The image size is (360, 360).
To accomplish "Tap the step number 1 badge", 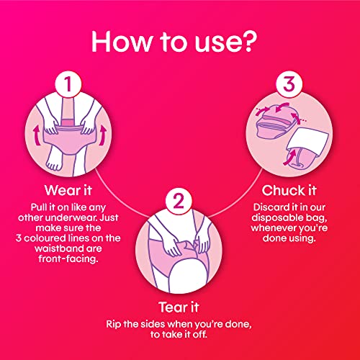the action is (x=68, y=84).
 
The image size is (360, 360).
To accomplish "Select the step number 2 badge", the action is (x=179, y=201).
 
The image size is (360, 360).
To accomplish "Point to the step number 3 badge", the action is (x=289, y=84).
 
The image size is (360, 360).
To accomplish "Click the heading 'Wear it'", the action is (x=68, y=191).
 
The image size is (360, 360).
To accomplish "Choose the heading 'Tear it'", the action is (x=179, y=307).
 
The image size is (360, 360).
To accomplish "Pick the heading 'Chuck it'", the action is (x=289, y=191).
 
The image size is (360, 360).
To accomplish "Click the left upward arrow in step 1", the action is (x=37, y=136).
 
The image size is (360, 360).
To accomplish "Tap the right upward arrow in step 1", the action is (x=103, y=135).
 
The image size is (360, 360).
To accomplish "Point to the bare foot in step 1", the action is (x=54, y=160).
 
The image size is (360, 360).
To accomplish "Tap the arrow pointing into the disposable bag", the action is (x=290, y=156).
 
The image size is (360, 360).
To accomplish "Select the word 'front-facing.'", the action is (x=68, y=259).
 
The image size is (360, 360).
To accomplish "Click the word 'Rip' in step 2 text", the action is (x=114, y=325).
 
